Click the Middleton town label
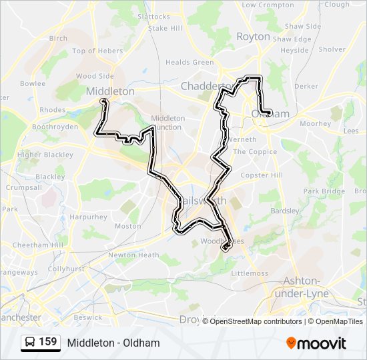pyautogui.click(x=110, y=91)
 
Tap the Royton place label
pyautogui.click(x=253, y=37)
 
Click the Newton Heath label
pyautogui.click(x=133, y=255)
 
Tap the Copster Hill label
pyautogui.click(x=262, y=175)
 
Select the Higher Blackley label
pyautogui.click(x=45, y=155)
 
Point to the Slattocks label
pyautogui.click(x=153, y=16)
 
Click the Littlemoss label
pyautogui.click(x=249, y=273)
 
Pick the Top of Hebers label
pyautogui.click(x=97, y=51)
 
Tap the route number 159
pyautogui.click(x=48, y=342)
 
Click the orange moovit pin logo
pyautogui.click(x=291, y=343)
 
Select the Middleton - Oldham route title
pyautogui.click(x=113, y=343)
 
